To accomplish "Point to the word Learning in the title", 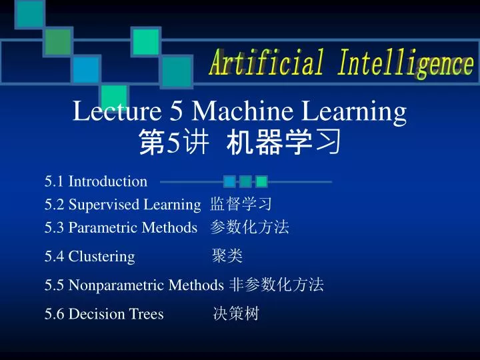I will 354,112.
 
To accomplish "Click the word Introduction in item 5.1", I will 108,181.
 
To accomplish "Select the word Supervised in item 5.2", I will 103,205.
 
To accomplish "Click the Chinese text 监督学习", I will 241,205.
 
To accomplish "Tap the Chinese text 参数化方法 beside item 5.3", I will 249,227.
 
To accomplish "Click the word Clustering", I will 101,256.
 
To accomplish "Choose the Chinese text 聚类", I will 227,256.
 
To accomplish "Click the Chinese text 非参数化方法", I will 276,285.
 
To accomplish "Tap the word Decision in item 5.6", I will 93,314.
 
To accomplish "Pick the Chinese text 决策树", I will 235,314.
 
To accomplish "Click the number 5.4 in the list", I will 55,256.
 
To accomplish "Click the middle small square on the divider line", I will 245,181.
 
